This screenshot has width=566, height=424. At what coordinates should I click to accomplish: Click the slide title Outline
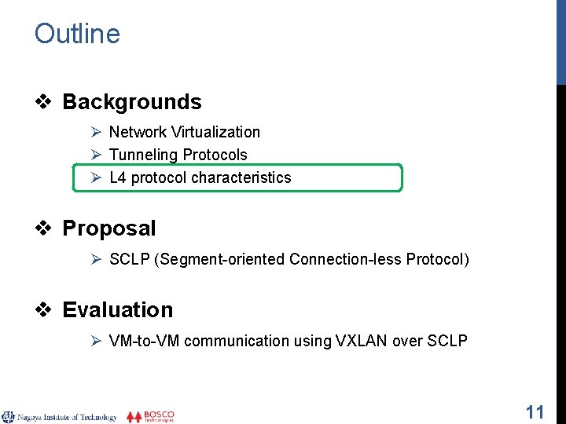[x=77, y=34]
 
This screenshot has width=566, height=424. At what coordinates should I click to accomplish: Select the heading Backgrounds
[x=131, y=102]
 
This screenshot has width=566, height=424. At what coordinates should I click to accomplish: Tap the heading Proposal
[x=108, y=228]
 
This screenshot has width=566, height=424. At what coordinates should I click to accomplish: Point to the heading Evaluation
[x=117, y=310]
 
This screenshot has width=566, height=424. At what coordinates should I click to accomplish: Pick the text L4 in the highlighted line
[x=117, y=178]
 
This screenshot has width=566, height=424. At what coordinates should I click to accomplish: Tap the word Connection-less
[x=345, y=259]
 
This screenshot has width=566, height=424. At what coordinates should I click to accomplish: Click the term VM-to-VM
[x=144, y=341]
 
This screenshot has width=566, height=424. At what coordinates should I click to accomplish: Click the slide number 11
[x=535, y=411]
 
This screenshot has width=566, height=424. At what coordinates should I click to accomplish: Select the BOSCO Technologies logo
[x=151, y=416]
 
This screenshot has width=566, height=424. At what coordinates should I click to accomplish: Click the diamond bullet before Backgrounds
[x=46, y=102]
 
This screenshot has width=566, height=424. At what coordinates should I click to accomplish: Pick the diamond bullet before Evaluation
[x=46, y=310]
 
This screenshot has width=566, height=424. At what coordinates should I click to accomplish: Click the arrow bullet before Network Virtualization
[x=97, y=133]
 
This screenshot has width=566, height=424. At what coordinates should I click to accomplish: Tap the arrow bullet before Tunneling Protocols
[x=97, y=155]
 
